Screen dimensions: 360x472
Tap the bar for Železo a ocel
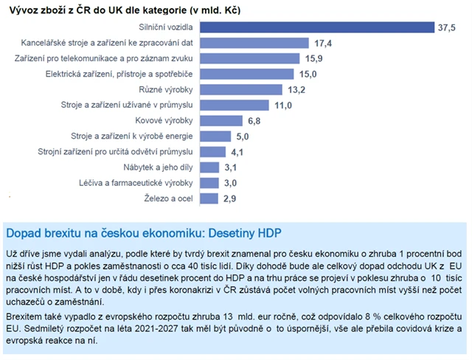pyautogui.click(x=210, y=198)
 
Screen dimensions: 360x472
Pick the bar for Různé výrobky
pyautogui.click(x=242, y=89)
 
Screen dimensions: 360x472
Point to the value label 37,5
pyautogui.click(x=448, y=28)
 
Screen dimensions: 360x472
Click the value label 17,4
pyautogui.click(x=322, y=44)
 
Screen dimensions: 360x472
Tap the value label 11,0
pyautogui.click(x=283, y=105)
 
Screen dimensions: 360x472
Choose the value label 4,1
pyautogui.click(x=237, y=152)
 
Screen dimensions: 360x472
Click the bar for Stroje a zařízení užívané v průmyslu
pyautogui.click(x=235, y=105)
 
